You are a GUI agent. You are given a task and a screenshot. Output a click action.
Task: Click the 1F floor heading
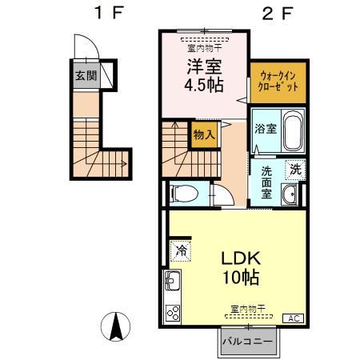click(x=109, y=13)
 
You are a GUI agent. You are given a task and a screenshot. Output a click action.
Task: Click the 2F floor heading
click(x=278, y=13)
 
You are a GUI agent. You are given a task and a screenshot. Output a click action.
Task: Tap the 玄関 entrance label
click(x=86, y=76)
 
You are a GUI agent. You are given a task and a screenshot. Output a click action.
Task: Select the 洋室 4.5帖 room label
click(x=204, y=75)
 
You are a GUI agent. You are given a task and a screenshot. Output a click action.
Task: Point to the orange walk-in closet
click(x=278, y=82)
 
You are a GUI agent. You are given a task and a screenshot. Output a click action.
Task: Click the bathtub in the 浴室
click(x=294, y=130)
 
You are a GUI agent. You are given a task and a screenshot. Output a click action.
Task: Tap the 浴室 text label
click(x=266, y=129)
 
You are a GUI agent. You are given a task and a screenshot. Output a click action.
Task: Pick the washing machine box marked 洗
click(x=295, y=170)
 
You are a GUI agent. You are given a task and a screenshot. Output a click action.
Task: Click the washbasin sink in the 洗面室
click(x=290, y=194)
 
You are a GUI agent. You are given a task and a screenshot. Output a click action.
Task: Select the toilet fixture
click(x=185, y=194)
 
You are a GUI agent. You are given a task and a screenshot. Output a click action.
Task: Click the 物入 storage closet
click(x=204, y=134)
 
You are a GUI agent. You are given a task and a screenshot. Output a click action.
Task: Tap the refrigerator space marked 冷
click(x=181, y=251)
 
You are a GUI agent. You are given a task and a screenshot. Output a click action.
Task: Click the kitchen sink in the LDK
click(x=172, y=280)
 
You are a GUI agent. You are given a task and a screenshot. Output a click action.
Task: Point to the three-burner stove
click(x=173, y=313)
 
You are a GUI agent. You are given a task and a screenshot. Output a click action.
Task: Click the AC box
click(x=293, y=318)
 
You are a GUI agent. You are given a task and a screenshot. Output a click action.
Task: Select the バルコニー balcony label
click(x=248, y=342)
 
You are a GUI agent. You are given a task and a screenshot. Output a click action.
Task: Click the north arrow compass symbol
click(x=116, y=326)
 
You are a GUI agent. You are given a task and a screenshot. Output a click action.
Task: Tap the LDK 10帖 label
click(x=241, y=268)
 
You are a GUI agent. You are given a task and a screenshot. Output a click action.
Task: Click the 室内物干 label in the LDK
click(x=248, y=309)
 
